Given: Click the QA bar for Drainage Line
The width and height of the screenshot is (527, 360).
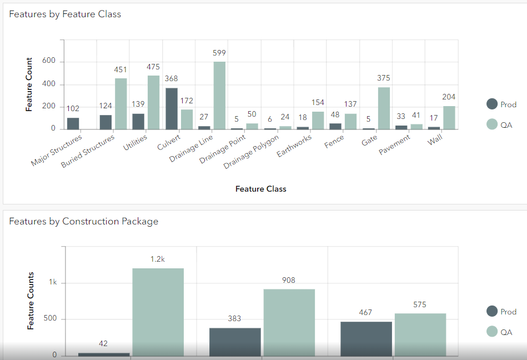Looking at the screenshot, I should [220, 95].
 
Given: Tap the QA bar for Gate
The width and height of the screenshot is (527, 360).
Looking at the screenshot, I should [384, 108].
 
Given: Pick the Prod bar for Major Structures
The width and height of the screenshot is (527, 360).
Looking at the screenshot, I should [73, 123].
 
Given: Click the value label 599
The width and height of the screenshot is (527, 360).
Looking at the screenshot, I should [220, 53].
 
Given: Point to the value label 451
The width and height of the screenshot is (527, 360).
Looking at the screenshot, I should [121, 69].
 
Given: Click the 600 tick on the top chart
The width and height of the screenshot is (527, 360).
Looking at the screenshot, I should [49, 61].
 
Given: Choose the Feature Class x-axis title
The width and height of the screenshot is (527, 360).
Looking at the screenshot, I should [260, 189].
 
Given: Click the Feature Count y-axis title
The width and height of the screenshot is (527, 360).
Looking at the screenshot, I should [29, 84].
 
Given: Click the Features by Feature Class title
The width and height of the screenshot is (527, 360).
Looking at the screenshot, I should [65, 14].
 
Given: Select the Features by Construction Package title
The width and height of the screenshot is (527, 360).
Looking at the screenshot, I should [83, 221].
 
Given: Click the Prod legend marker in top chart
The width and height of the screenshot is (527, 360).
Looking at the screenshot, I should [491, 104].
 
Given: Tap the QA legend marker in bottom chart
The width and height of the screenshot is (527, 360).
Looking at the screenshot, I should [491, 332].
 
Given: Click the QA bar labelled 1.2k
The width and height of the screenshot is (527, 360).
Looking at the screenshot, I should [158, 312].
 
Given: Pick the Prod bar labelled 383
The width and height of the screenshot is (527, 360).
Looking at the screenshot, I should [235, 342].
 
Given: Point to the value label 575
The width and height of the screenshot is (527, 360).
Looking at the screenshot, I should [420, 304].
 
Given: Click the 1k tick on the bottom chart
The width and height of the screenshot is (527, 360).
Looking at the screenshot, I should [53, 283].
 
